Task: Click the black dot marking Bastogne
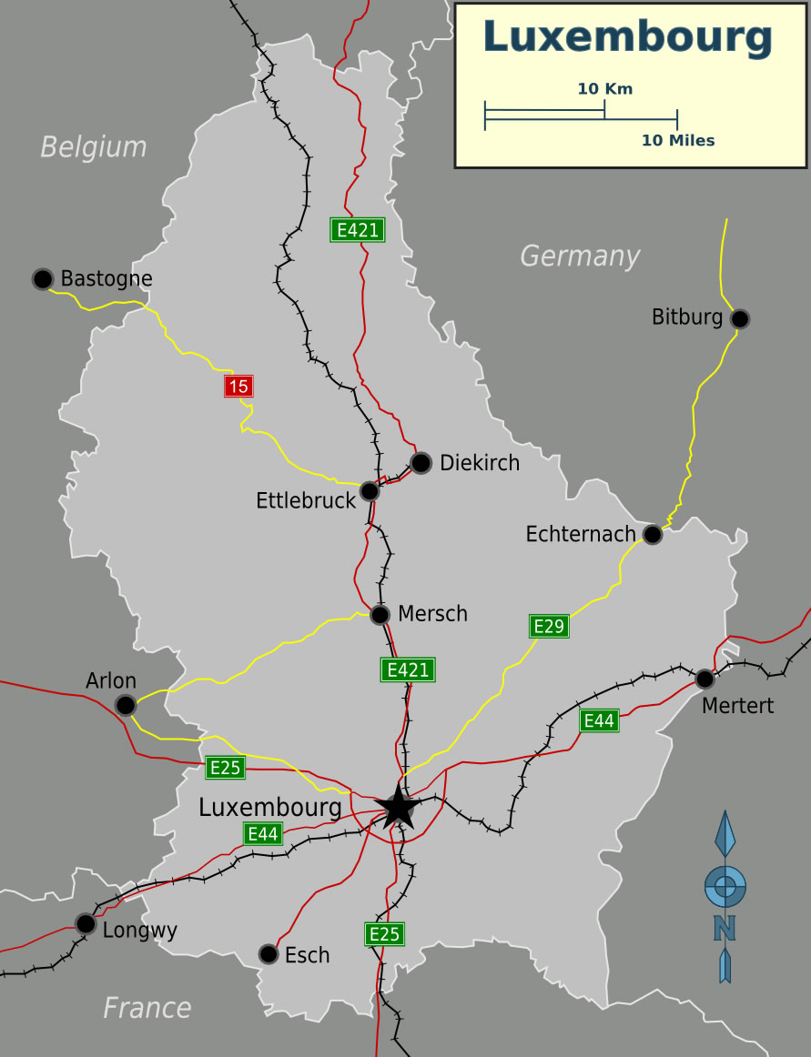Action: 43,278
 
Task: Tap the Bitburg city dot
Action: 740,318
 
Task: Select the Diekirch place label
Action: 479,463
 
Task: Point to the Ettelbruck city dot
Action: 370,491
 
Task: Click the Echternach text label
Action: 580,534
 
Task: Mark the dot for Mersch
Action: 380,615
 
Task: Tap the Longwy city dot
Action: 86,923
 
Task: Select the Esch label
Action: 307,955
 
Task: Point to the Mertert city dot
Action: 705,679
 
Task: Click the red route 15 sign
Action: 238,387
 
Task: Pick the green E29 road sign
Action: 549,626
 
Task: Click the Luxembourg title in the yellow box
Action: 628,37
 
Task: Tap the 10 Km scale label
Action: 604,89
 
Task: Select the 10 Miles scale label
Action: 677,140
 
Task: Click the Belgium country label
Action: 93,146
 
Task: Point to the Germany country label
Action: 580,257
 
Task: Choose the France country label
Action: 147,1008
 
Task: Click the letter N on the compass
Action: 725,927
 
